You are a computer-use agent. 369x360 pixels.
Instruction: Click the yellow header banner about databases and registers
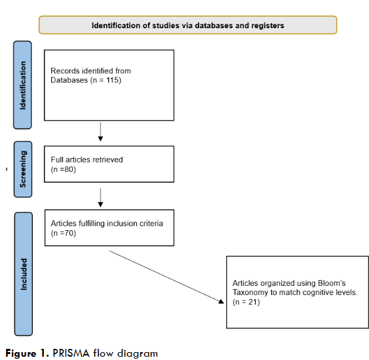pos(187,26)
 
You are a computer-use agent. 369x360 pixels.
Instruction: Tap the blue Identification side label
pos(24,85)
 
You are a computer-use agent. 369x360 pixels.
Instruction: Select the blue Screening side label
pos(24,169)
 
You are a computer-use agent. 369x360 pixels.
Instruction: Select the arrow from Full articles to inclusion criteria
pos(100,195)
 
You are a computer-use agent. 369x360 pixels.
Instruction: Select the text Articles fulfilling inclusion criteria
pos(107,223)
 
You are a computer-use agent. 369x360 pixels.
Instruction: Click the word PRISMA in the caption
pos(71,353)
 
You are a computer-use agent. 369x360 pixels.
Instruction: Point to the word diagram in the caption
pos(137,353)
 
